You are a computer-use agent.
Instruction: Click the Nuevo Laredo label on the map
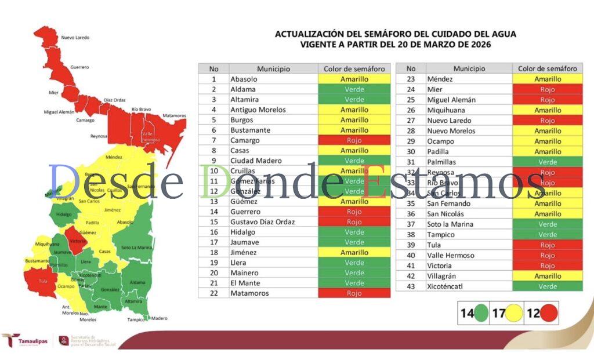[x=75, y=38]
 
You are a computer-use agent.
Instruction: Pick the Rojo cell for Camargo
[x=354, y=140]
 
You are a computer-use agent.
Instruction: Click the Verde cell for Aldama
[x=354, y=89]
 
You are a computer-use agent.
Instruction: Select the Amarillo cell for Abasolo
[x=354, y=79]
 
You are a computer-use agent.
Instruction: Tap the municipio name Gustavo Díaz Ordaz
[x=262, y=222]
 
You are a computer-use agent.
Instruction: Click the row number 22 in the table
[x=213, y=293]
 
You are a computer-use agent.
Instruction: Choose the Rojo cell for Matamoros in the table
[x=354, y=293]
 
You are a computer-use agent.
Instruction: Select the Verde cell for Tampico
[x=548, y=235]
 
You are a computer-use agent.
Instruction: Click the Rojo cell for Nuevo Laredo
[x=548, y=121]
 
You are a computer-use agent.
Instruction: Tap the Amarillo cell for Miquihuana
[x=548, y=110]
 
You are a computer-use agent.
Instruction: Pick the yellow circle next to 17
[x=513, y=314]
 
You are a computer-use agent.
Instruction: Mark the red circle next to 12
[x=549, y=314]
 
